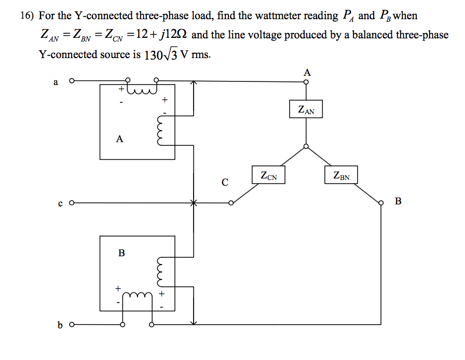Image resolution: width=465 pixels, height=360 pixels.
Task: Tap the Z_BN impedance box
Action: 341,175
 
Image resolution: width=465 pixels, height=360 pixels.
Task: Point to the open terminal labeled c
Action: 71,203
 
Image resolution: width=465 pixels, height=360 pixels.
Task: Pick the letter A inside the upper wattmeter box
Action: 120,139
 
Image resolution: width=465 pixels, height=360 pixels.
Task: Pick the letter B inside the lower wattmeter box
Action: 121,253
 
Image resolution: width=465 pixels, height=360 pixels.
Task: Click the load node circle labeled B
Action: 381,203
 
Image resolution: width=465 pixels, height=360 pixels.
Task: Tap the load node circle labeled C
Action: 231,203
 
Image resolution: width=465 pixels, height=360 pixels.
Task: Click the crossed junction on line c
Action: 193,203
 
